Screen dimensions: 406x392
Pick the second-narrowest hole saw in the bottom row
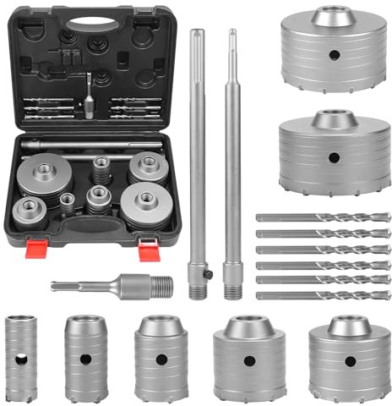click(85, 355)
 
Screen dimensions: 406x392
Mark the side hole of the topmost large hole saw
click(331, 57)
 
